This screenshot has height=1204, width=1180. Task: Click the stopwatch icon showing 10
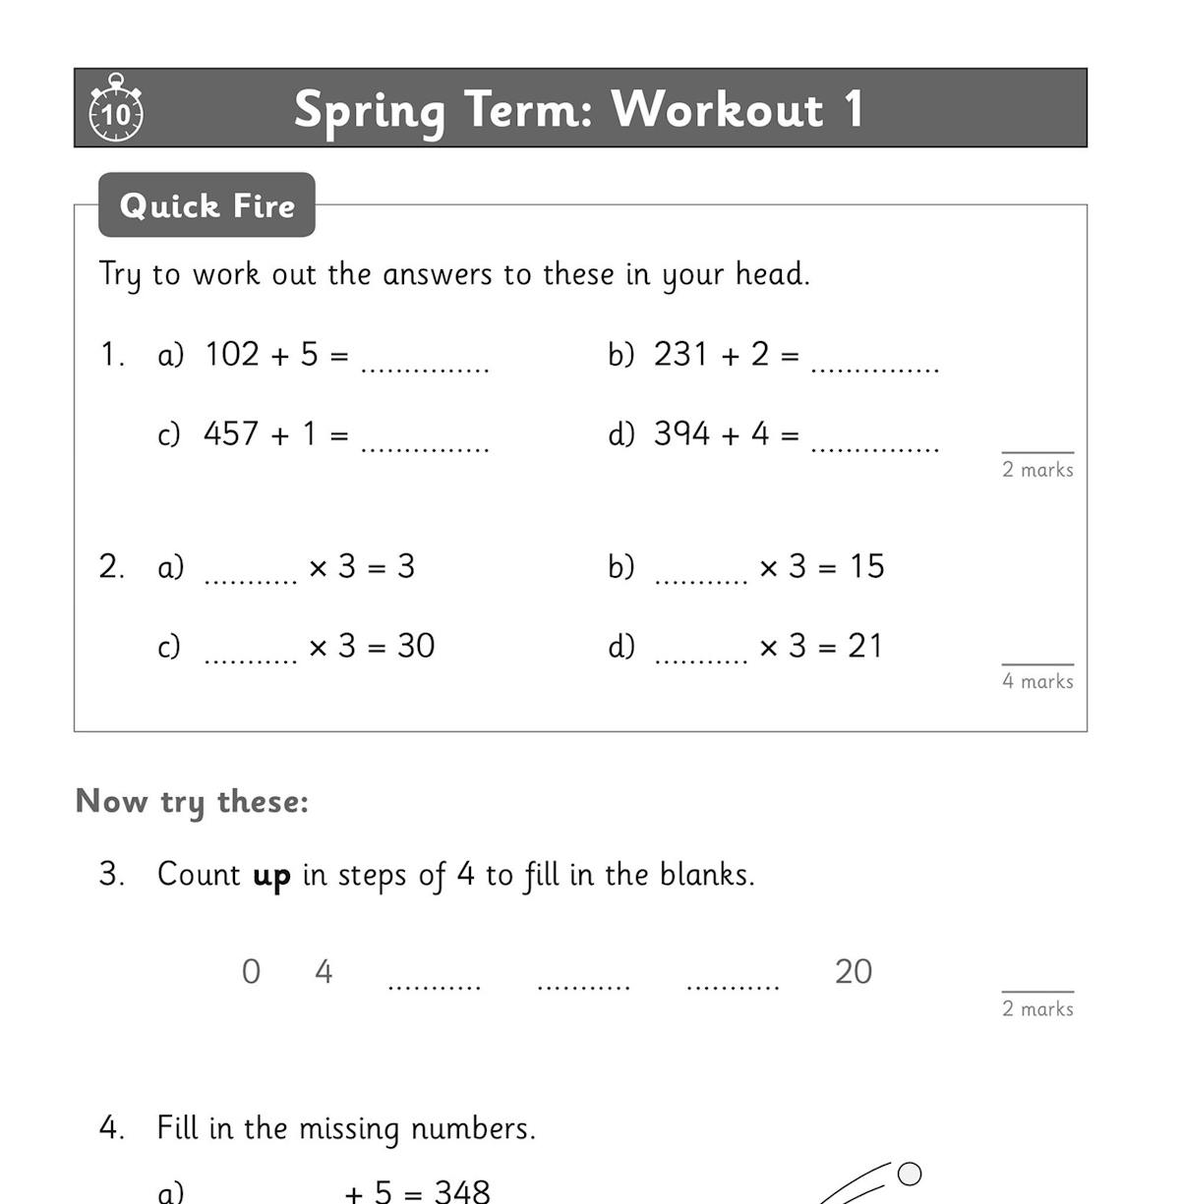pyautogui.click(x=116, y=110)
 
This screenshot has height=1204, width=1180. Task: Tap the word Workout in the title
pyautogui.click(x=717, y=108)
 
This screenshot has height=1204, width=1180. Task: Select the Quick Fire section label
pyautogui.click(x=206, y=205)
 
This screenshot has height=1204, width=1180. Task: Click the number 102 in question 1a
pyautogui.click(x=232, y=354)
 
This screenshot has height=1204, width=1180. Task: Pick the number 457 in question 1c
pyautogui.click(x=231, y=433)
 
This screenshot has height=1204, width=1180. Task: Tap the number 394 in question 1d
pyautogui.click(x=681, y=433)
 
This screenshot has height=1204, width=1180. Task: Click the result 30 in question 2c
pyautogui.click(x=416, y=646)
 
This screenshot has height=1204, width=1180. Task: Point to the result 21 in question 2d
pyautogui.click(x=865, y=646)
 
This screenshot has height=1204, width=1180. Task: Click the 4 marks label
pyautogui.click(x=1037, y=681)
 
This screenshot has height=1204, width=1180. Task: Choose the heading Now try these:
pyautogui.click(x=192, y=802)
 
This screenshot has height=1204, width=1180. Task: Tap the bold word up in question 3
pyautogui.click(x=271, y=876)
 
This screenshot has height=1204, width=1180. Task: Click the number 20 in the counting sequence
pyautogui.click(x=854, y=972)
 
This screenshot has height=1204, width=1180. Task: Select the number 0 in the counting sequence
pyautogui.click(x=251, y=972)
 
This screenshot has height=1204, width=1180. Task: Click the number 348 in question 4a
pyautogui.click(x=462, y=1191)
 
